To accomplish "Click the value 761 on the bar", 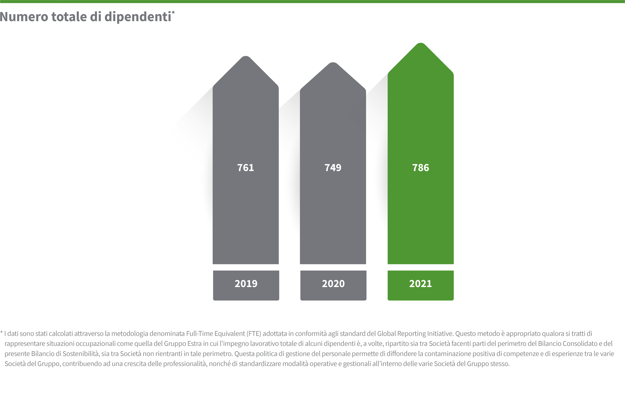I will pyautogui.click(x=245, y=168).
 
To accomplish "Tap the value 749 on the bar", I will pyautogui.click(x=333, y=168).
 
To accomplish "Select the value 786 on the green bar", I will pyautogui.click(x=420, y=168).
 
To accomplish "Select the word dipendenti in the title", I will pyautogui.click(x=138, y=17).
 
